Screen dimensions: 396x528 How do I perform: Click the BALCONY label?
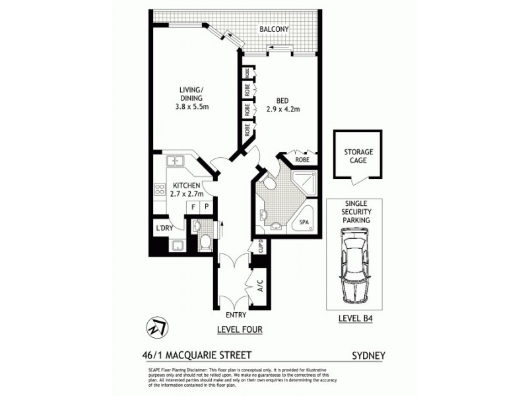point(273,30)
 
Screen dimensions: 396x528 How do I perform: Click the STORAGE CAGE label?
point(358,156)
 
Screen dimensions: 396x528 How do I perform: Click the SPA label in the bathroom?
point(304,222)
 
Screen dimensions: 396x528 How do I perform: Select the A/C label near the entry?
point(259,287)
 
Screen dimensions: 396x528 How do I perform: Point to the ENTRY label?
point(236,315)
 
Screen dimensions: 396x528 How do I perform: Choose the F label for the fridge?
point(193,207)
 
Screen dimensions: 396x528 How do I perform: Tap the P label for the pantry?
point(206,207)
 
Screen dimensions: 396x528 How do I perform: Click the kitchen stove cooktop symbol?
point(159,190)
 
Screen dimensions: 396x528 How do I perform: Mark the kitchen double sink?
point(175,160)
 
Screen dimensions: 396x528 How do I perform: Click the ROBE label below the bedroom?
point(302,160)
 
